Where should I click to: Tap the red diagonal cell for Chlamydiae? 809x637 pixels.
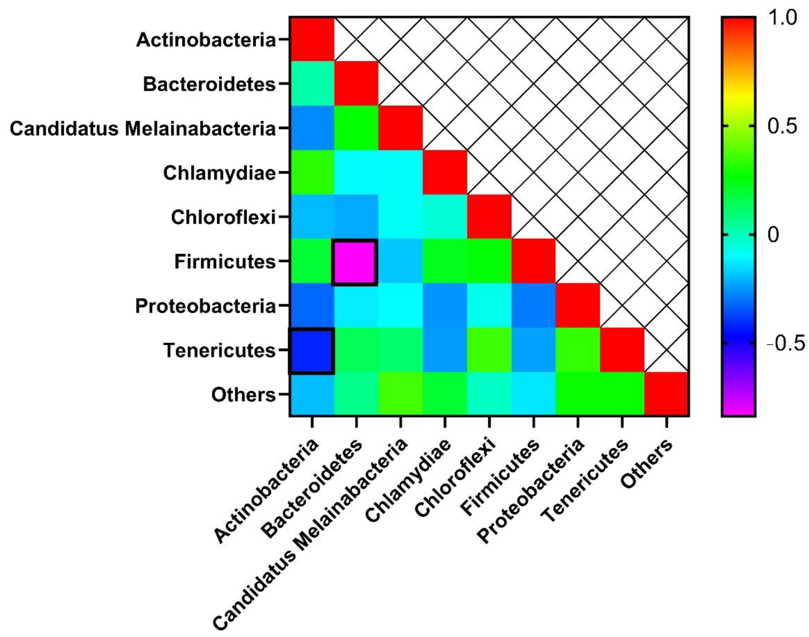(x=445, y=172)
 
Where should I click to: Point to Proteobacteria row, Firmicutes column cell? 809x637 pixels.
(x=533, y=306)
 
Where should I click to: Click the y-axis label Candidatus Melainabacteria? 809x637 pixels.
(x=143, y=129)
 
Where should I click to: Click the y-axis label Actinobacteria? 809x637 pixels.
(x=206, y=40)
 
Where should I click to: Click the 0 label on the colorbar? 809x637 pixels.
(x=774, y=235)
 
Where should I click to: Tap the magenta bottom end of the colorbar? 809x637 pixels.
(x=738, y=408)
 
